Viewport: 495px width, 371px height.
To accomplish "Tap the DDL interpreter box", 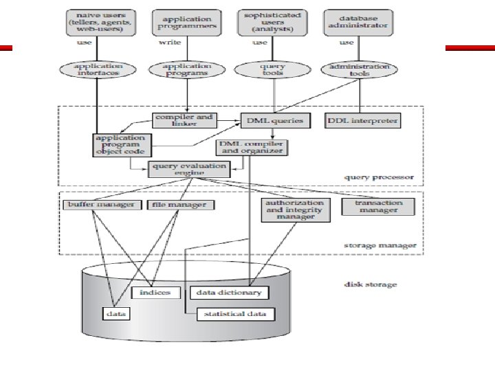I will coord(362,120).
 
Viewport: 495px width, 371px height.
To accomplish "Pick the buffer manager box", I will coord(100,204).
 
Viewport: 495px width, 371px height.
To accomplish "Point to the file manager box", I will coord(178,204).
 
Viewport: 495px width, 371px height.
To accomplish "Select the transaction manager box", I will coord(377,206).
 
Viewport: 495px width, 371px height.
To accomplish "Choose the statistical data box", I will coord(236,314).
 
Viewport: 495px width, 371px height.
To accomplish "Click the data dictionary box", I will coord(229,292).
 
